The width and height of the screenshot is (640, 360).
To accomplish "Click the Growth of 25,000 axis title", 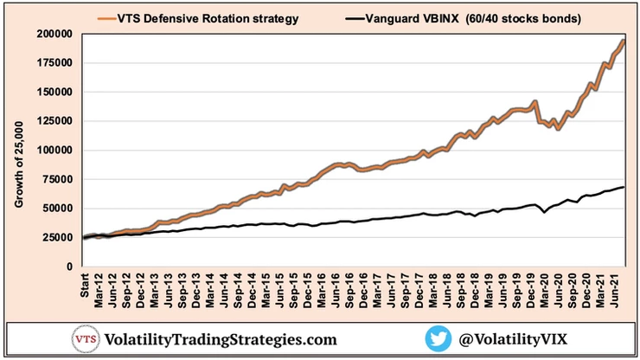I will pos(19,152).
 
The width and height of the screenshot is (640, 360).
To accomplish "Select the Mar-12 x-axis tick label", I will pos(99,291).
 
